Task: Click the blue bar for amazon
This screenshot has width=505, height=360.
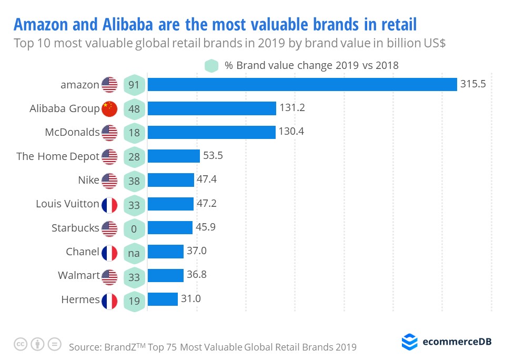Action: click(302, 84)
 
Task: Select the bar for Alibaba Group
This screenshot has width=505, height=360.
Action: click(211, 108)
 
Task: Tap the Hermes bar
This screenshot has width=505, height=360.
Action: click(163, 299)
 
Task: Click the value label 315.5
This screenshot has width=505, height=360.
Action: click(472, 84)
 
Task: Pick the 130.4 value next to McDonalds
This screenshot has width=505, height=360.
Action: click(291, 132)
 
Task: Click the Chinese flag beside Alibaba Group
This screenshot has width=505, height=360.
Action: click(109, 109)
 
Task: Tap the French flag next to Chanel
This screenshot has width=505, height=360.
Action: click(109, 252)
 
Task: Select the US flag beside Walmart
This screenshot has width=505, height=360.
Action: click(109, 276)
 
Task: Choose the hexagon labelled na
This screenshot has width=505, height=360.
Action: click(134, 253)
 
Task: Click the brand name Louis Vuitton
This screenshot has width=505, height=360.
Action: click(67, 204)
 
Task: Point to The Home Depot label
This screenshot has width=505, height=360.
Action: click(58, 156)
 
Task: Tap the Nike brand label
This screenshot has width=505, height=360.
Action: click(88, 180)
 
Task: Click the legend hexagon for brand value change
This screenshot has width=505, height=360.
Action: click(211, 66)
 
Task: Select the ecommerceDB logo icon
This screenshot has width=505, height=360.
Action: click(409, 342)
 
